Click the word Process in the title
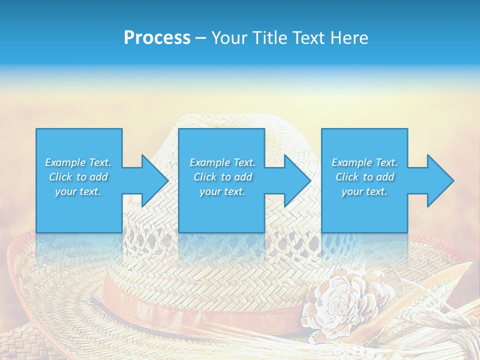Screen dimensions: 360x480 pos(157,38)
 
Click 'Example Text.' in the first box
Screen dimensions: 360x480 pos(78,162)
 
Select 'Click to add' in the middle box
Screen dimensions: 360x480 pos(222,177)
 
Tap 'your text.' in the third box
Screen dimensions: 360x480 pos(364,191)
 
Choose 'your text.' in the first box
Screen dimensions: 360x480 pos(78,191)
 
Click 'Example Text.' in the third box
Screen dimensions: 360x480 pos(364,162)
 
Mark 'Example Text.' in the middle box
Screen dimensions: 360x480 pos(222,162)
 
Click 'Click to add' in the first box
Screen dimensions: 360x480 pos(78,177)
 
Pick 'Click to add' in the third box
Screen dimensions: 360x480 pos(364,177)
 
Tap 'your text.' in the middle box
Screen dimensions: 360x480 pos(222,191)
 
